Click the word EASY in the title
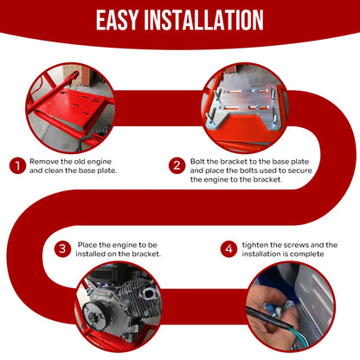(117, 20)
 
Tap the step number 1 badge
(17, 165)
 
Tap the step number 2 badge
(177, 165)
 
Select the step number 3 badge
(62, 249)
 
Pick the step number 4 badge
(229, 249)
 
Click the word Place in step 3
(87, 245)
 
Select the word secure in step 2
(300, 170)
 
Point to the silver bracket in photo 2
(244, 107)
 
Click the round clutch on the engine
(94, 315)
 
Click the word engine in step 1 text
(99, 162)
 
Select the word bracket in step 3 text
(147, 254)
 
